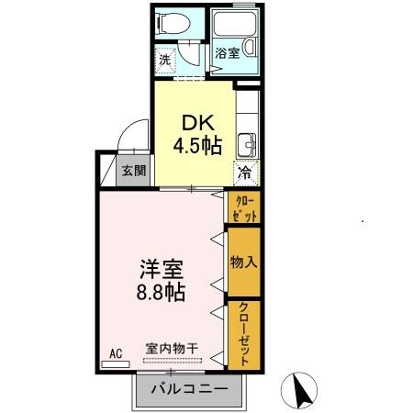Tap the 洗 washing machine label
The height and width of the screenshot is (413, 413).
click(x=164, y=61)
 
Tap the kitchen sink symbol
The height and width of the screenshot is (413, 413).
click(x=245, y=143)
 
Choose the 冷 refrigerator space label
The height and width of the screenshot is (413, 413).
click(x=245, y=172)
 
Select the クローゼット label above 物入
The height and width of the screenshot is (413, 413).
click(x=245, y=207)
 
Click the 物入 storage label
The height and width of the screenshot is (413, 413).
click(x=244, y=262)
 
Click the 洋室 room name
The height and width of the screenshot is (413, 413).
click(x=162, y=271)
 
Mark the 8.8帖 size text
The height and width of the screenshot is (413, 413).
click(x=162, y=294)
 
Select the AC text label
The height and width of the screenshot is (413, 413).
click(x=116, y=352)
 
